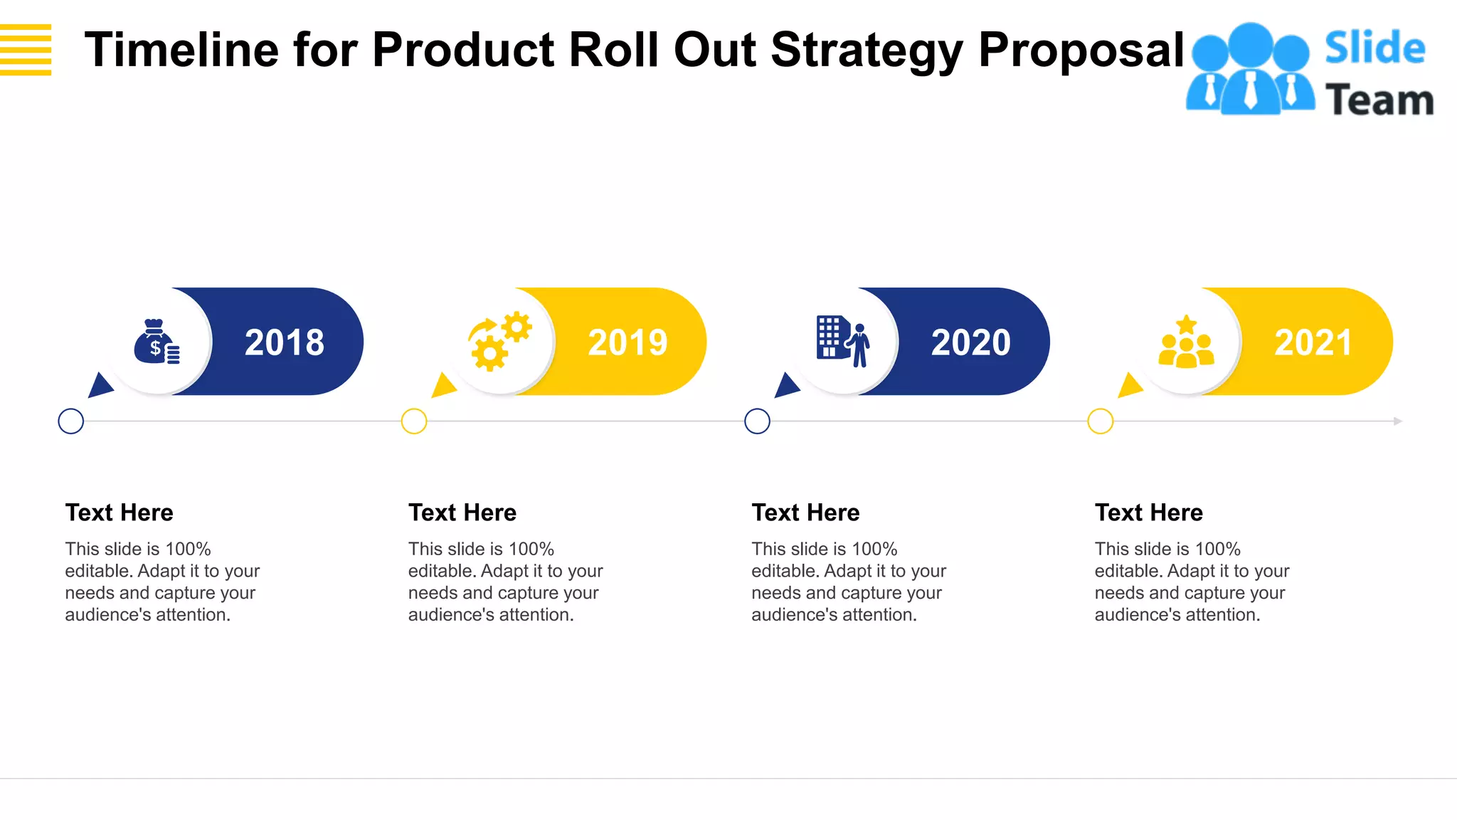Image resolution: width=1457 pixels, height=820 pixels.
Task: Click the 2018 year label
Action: click(x=285, y=342)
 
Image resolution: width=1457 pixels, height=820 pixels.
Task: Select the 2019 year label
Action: click(x=627, y=342)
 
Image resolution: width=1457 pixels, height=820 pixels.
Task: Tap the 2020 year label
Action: click(x=970, y=342)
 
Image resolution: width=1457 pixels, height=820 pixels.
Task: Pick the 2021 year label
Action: click(x=1313, y=342)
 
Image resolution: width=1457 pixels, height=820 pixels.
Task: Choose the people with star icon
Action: click(x=1186, y=342)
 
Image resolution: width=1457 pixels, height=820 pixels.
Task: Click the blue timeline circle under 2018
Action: click(x=71, y=421)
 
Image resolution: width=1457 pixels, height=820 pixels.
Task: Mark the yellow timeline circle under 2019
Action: click(x=414, y=421)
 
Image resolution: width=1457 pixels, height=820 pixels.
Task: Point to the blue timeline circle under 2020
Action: click(x=757, y=421)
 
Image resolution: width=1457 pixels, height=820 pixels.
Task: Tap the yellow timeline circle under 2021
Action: click(x=1101, y=421)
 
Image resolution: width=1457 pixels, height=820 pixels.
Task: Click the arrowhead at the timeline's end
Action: click(x=1397, y=421)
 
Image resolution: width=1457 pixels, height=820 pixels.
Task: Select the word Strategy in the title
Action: click(x=867, y=50)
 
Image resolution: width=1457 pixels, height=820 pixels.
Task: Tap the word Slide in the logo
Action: click(x=1374, y=48)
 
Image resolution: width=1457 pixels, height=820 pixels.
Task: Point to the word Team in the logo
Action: click(x=1379, y=100)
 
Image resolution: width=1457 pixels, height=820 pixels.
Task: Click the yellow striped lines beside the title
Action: click(x=26, y=50)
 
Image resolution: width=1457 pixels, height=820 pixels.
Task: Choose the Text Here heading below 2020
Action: click(x=805, y=512)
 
